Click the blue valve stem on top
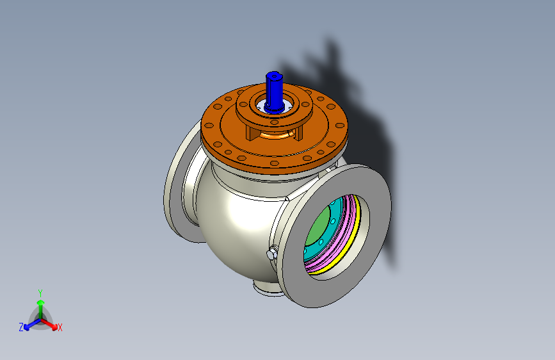tap(274, 92)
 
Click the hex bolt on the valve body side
tap(272, 253)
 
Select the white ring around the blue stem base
tap(274, 106)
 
